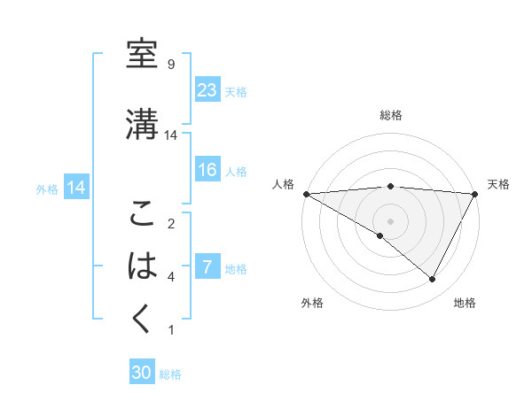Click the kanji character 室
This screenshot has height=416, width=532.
coord(143,54)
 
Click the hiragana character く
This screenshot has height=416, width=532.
coord(143,318)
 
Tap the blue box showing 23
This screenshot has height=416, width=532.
coord(207,90)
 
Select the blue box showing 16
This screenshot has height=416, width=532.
coord(207,171)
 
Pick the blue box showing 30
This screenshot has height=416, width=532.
coord(142,374)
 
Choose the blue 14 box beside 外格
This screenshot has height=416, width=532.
coord(75,188)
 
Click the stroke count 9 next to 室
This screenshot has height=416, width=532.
coord(170,65)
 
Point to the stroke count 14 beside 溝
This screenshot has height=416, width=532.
coord(172,135)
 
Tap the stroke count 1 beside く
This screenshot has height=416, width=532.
coord(170,330)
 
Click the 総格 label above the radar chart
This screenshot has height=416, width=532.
coord(390,115)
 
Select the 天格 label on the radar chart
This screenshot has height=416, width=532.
coord(498,184)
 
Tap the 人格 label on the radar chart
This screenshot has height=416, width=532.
coord(282,184)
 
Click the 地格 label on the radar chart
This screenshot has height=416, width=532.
coord(465,303)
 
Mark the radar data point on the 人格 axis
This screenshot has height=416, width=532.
coord(306,193)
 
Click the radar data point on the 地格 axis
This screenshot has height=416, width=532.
coord(433,280)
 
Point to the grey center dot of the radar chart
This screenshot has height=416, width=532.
coord(390,220)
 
